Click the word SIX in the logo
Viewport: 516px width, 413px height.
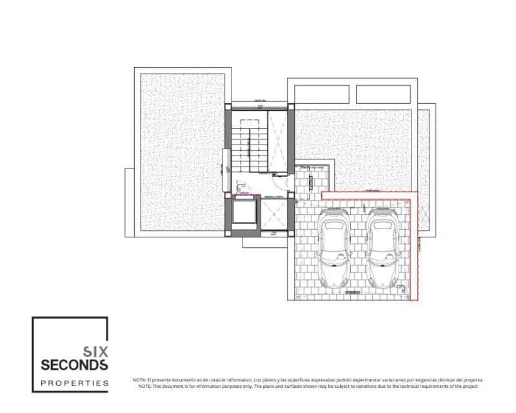[95, 352]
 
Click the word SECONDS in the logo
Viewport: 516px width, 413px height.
[74, 365]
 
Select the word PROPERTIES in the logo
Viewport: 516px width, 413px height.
[74, 383]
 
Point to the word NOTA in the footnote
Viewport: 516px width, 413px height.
[139, 380]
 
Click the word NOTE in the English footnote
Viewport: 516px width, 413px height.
[139, 386]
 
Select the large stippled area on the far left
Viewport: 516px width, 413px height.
[183, 152]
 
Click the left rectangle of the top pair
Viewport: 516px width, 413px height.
[321, 94]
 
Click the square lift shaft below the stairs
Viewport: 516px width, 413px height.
[243, 214]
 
